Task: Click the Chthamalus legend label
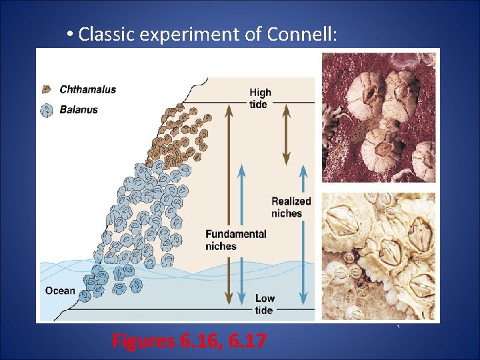[88, 89]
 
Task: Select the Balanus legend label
[79, 109]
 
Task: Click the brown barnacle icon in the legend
[47, 89]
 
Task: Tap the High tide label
[259, 99]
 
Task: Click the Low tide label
[263, 304]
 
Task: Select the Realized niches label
[291, 207]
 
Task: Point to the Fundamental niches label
[235, 240]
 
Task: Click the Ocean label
[60, 291]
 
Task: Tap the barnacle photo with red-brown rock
[379, 117]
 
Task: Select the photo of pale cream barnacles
[379, 256]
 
